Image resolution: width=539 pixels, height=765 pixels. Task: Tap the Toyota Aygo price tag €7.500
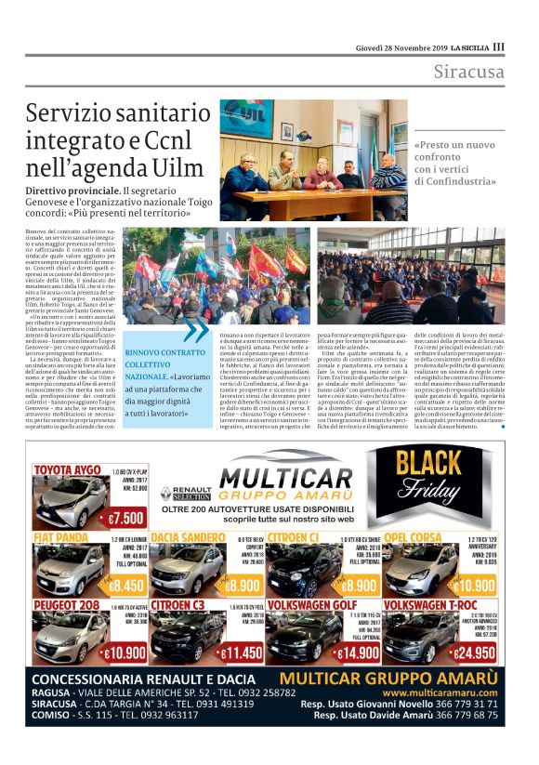125,517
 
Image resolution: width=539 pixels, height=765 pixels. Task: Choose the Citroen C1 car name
296,537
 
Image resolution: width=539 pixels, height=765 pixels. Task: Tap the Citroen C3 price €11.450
243,653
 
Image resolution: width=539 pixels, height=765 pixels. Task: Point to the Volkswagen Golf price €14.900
357,653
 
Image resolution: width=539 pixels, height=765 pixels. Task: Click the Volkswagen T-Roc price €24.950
475,653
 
